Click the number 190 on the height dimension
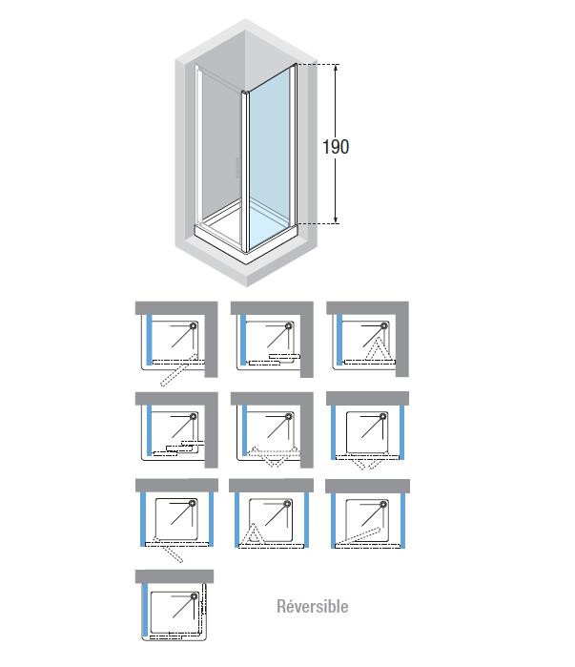click(x=336, y=147)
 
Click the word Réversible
click(x=313, y=606)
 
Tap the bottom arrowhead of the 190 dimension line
click(x=336, y=220)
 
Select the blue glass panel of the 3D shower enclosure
click(x=270, y=157)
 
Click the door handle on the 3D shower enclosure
click(x=236, y=168)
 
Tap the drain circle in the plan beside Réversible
click(x=195, y=596)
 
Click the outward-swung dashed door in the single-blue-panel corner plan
click(x=178, y=370)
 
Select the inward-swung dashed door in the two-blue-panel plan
click(x=358, y=536)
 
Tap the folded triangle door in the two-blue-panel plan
click(x=253, y=533)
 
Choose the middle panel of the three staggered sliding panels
click(x=180, y=448)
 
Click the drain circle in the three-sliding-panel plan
click(x=194, y=416)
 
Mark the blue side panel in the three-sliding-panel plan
click(x=149, y=429)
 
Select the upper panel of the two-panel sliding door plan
click(x=284, y=356)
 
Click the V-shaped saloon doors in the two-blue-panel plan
click(x=365, y=463)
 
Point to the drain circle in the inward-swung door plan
click(x=383, y=505)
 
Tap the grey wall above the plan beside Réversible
click(x=175, y=576)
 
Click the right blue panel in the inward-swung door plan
click(x=403, y=520)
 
